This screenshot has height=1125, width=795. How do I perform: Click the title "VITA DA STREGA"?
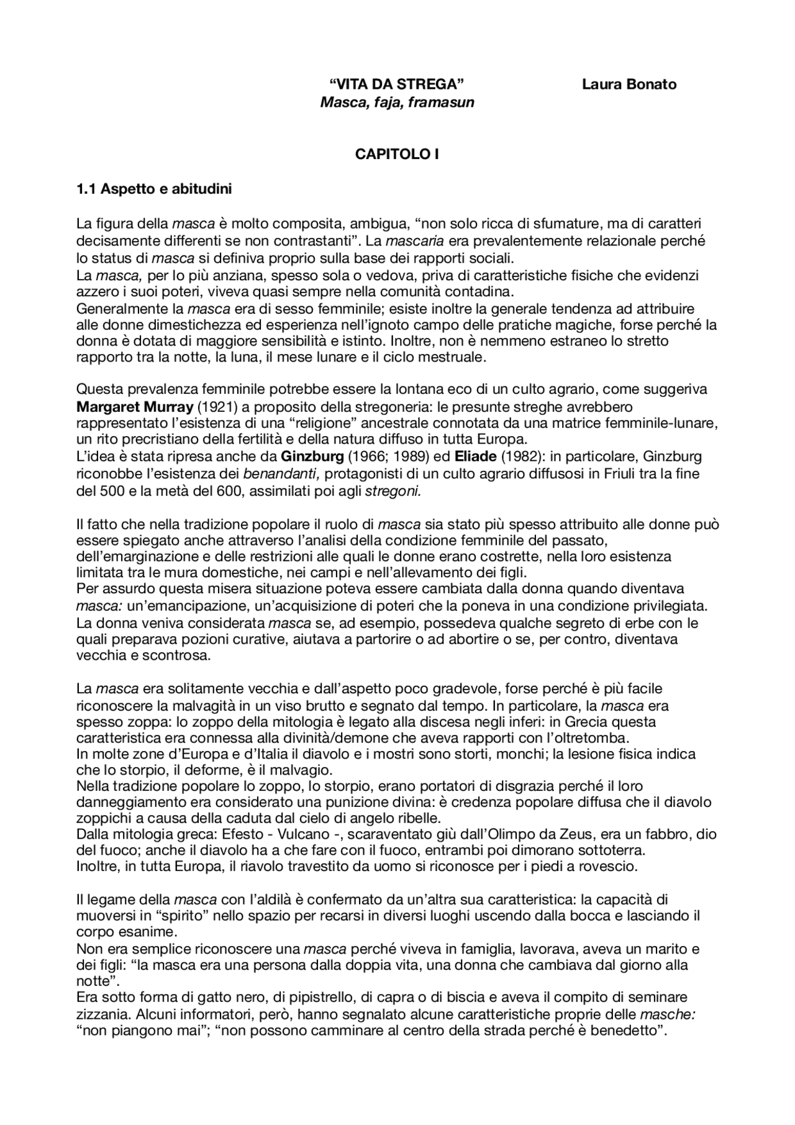[396, 84]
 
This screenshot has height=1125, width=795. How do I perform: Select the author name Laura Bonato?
[629, 84]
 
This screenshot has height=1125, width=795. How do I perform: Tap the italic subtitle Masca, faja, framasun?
[397, 102]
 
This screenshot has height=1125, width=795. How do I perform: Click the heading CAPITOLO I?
[397, 154]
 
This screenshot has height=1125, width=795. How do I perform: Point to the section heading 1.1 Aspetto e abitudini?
[153, 189]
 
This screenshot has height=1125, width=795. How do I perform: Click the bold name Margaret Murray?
[135, 407]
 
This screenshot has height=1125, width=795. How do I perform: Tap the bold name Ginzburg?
[312, 457]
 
